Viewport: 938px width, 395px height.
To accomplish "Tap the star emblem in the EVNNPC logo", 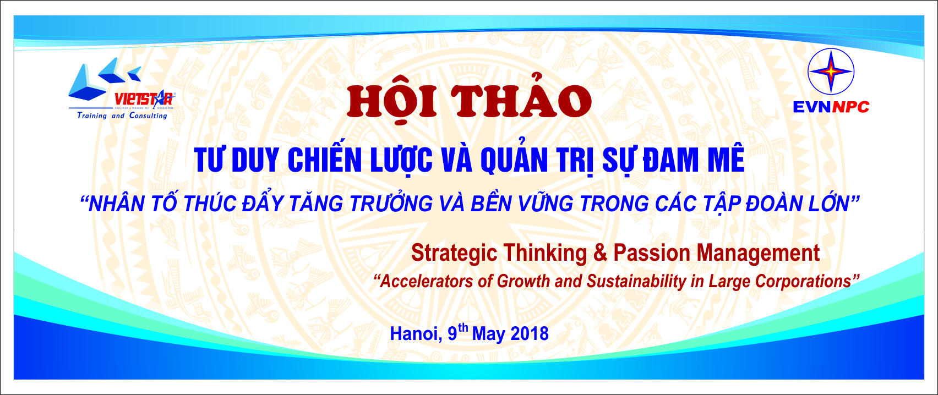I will [831, 72].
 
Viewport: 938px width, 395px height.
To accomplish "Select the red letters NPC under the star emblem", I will [850, 107].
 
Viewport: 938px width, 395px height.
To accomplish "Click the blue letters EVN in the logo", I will [811, 107].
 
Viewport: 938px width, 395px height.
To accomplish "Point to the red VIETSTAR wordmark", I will [144, 99].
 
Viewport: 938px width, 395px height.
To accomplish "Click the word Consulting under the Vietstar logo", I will [148, 116].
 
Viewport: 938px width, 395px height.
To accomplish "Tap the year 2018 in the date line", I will [530, 333].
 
